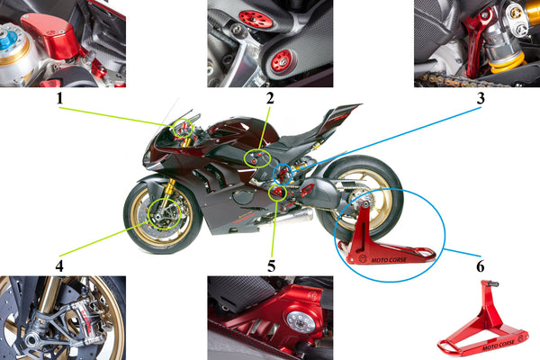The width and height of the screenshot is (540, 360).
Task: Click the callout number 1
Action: coord(60,98)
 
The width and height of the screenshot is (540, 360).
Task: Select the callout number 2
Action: coord(270,98)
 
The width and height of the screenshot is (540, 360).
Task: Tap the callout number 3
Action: coord(481,98)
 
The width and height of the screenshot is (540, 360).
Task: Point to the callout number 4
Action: coord(59,266)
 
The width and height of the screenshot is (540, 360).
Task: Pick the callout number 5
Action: coord(271,266)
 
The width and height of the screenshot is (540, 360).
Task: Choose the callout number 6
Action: coord(481,266)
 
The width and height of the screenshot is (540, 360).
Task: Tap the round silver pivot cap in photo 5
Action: coord(299,322)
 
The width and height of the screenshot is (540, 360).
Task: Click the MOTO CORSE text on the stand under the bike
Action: coord(389,260)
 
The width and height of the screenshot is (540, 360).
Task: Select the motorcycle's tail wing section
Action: coord(341,116)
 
